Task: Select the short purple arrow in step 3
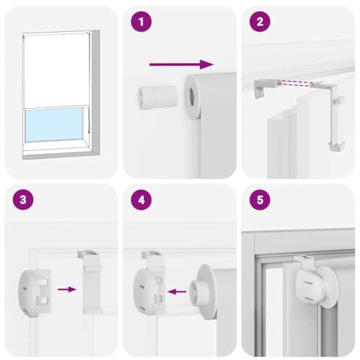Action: coord(68,290)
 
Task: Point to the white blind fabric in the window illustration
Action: coord(54,71)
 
